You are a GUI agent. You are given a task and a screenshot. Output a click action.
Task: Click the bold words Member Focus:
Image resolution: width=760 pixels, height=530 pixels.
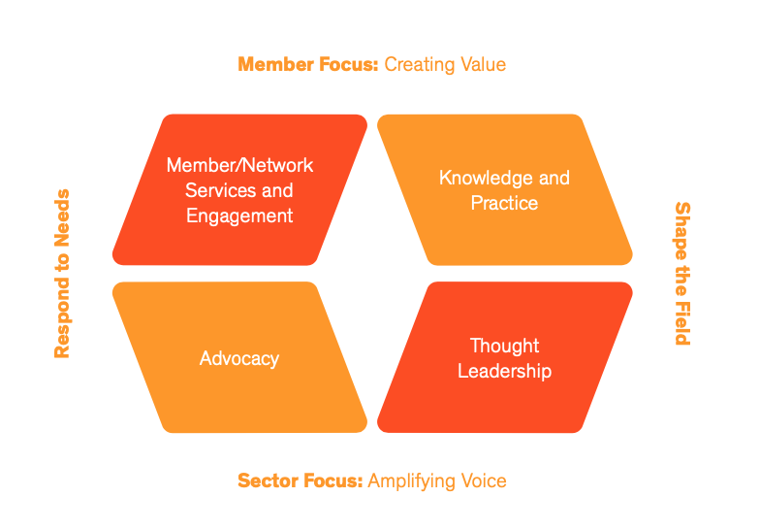(308, 65)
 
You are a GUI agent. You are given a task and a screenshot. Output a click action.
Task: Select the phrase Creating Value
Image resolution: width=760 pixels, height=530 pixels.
(445, 65)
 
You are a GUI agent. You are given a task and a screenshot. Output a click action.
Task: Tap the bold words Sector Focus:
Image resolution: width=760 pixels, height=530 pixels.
(300, 480)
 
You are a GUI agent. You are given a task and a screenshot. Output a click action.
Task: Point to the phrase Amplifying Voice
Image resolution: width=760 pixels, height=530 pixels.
(436, 480)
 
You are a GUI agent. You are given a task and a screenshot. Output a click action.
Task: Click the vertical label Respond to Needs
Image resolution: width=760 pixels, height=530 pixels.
(62, 274)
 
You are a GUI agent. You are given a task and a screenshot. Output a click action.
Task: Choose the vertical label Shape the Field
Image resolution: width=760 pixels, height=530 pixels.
(682, 274)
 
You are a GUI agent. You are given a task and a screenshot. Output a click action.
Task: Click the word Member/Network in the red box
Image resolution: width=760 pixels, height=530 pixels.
(239, 165)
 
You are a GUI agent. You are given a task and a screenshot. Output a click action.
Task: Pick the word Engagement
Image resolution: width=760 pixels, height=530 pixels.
(239, 215)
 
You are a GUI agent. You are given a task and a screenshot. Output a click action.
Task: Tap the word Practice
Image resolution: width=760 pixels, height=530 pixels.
(504, 203)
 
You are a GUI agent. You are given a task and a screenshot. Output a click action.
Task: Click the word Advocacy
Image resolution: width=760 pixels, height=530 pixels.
(239, 358)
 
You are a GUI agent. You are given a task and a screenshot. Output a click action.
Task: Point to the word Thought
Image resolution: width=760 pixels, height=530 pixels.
(504, 346)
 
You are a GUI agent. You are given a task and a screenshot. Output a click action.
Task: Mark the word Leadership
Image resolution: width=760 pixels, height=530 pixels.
(504, 371)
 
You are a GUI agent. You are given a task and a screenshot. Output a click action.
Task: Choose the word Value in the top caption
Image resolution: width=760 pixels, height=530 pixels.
(484, 65)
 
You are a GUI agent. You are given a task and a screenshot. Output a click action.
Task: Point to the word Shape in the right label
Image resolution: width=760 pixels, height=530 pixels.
(682, 226)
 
